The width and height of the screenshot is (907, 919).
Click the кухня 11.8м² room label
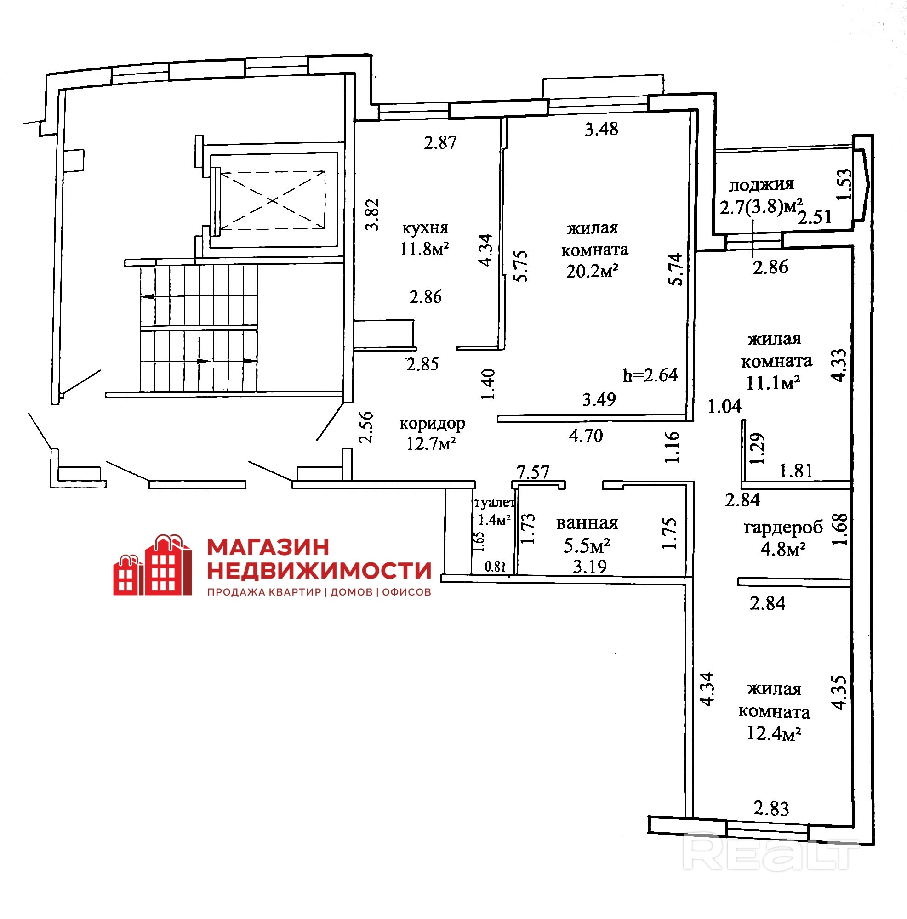point(424,238)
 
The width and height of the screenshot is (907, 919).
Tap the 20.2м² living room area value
point(592,271)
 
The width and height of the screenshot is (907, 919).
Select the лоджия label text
point(761,185)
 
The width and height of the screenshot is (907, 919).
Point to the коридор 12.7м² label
point(432,433)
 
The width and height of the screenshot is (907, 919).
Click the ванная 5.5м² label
point(587,534)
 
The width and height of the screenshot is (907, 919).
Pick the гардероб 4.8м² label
point(783,538)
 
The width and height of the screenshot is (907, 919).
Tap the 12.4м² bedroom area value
point(774,733)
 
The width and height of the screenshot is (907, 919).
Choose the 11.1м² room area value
point(773,382)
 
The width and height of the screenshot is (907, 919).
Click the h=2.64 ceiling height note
point(650,375)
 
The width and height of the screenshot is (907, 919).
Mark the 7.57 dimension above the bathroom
point(533,472)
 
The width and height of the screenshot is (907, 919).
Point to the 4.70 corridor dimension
point(586,435)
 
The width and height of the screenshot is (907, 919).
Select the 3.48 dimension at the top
point(601,129)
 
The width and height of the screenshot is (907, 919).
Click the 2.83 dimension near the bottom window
point(771,808)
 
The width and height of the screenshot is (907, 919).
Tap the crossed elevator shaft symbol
point(272,200)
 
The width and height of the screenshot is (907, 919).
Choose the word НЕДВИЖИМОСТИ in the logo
point(319,570)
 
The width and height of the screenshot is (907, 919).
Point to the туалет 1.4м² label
point(495,511)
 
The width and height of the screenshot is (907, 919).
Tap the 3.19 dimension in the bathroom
point(590,567)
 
